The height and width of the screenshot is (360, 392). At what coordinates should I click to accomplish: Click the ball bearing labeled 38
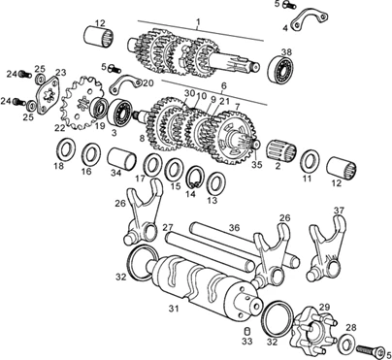(281, 69)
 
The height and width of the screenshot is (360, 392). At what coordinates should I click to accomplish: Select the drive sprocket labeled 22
(82, 103)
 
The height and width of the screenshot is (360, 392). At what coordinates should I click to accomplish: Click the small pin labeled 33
(247, 332)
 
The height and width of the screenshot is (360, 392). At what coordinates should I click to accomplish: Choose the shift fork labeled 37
(326, 248)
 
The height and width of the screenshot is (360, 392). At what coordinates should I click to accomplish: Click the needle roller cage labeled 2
(281, 151)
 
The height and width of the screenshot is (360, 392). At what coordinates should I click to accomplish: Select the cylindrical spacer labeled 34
(121, 159)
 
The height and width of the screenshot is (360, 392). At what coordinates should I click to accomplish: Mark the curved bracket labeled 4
(309, 20)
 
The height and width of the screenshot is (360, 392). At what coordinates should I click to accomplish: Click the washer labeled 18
(67, 149)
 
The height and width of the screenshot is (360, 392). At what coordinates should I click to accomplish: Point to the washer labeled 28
(346, 344)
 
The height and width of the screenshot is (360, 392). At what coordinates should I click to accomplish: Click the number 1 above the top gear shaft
(198, 22)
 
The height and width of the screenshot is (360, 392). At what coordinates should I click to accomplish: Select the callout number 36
(234, 228)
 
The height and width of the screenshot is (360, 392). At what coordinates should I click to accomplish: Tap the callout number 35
(257, 165)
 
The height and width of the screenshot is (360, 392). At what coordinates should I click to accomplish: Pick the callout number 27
(168, 227)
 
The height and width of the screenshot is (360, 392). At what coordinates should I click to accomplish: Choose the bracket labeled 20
(124, 83)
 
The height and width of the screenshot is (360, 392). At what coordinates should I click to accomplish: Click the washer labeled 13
(215, 183)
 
